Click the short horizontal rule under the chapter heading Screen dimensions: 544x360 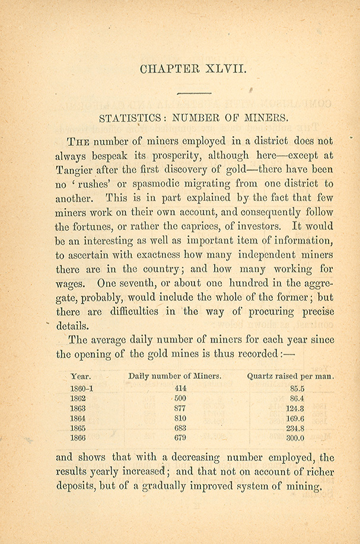click(x=195, y=93)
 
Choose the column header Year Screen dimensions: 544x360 click(x=81, y=376)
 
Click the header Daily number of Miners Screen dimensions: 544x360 click(x=175, y=376)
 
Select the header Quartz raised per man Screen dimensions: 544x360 click(x=291, y=376)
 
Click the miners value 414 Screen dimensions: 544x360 click(x=180, y=389)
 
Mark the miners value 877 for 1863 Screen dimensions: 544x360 click(x=180, y=408)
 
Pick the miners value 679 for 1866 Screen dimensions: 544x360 click(x=180, y=439)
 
